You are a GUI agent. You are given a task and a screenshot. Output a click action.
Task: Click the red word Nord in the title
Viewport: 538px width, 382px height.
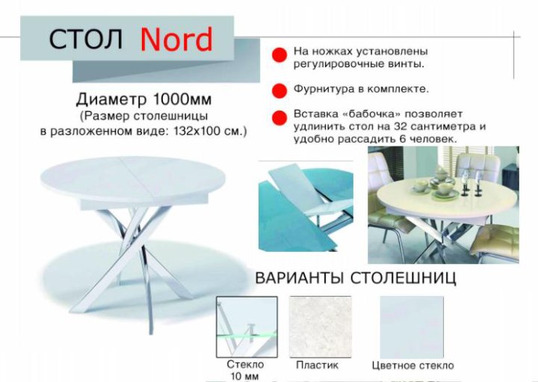pyautogui.click(x=176, y=39)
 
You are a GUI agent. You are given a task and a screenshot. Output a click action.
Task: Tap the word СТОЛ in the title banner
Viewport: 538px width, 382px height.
pyautogui.click(x=86, y=39)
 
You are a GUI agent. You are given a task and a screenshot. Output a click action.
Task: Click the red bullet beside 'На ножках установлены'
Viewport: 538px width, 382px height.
pyautogui.click(x=279, y=55)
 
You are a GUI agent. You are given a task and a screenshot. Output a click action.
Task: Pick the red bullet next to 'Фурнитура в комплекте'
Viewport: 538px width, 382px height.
pyautogui.click(x=279, y=91)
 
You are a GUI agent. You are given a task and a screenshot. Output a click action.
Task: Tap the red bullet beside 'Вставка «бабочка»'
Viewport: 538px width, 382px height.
pyautogui.click(x=279, y=117)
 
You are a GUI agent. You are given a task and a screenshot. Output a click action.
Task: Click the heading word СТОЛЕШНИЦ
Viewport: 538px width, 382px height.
pyautogui.click(x=403, y=278)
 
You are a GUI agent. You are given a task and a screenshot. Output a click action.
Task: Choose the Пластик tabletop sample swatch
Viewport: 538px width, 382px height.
pyautogui.click(x=321, y=327)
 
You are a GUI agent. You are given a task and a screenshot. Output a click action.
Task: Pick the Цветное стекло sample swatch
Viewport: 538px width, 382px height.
pyautogui.click(x=412, y=327)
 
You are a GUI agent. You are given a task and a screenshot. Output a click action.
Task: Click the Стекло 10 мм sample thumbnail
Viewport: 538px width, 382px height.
pyautogui.click(x=247, y=327)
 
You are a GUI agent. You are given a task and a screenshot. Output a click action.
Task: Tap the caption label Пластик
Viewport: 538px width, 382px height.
pyautogui.click(x=317, y=366)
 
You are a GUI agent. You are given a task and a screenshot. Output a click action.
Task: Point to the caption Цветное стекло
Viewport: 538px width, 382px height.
pyautogui.click(x=412, y=366)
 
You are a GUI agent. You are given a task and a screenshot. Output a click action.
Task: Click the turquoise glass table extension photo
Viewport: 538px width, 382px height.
pyautogui.click(x=306, y=206)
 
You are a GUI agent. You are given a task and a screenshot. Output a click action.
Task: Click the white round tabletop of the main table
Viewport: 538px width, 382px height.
pyautogui.click(x=133, y=179)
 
